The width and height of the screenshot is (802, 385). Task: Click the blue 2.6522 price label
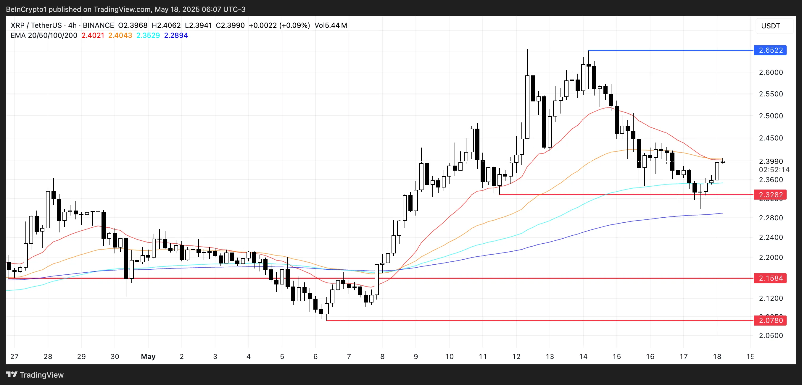[x=770, y=50]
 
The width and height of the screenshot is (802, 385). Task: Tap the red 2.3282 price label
[x=770, y=195]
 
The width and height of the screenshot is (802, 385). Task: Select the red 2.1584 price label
[x=770, y=278]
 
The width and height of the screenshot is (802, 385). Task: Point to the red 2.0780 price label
[x=770, y=320]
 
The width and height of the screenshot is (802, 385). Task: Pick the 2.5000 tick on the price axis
[x=771, y=116]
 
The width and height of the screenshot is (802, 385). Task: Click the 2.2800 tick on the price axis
[x=771, y=218]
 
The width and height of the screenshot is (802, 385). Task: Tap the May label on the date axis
[x=148, y=356]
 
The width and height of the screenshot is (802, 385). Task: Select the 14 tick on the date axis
[x=583, y=356]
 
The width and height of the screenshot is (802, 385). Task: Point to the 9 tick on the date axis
[x=416, y=356]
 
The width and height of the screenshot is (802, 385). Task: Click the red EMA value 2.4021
[x=93, y=35]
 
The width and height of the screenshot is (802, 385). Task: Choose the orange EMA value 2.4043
[x=120, y=35]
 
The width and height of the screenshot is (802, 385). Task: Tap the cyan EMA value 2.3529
[x=148, y=35]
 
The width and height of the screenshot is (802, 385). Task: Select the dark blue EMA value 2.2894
[x=176, y=35]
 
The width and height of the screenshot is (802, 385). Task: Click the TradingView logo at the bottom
[x=35, y=375]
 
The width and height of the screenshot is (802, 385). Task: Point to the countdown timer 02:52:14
[x=774, y=170]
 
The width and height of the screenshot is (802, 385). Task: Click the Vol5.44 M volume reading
[x=331, y=25]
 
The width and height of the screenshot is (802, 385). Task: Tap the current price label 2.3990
[x=771, y=161]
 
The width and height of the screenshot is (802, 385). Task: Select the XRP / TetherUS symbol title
[x=36, y=25]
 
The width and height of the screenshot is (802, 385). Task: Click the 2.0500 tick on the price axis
[x=771, y=336]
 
